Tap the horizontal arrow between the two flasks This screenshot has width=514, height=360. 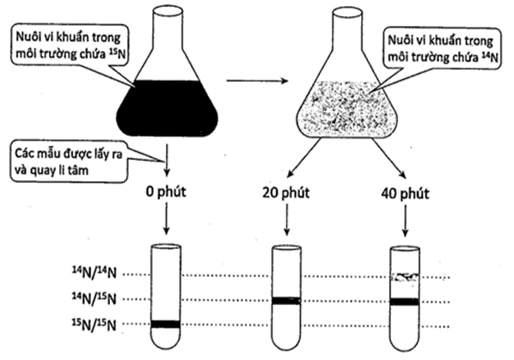click(x=257, y=81)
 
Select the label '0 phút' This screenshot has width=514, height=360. click(x=166, y=192)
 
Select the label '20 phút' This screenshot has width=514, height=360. click(x=286, y=192)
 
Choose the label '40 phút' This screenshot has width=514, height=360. click(x=405, y=193)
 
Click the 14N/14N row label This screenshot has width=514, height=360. click(x=95, y=272)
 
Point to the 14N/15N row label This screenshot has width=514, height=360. click(x=95, y=298)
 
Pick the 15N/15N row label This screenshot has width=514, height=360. click(x=95, y=324)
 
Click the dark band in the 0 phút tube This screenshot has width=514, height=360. click(x=166, y=324)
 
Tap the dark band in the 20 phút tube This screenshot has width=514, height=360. click(x=286, y=301)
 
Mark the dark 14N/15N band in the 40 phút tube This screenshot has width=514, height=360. click(x=405, y=302)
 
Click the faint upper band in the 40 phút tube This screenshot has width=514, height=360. click(x=405, y=278)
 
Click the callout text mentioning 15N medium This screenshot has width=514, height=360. click(x=70, y=46)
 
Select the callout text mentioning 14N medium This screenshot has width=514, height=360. click(x=443, y=48)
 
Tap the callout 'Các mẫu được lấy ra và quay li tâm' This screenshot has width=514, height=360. click(x=68, y=162)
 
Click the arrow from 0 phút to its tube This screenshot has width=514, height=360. click(x=166, y=218)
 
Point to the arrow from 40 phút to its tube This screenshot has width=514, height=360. click(x=405, y=221)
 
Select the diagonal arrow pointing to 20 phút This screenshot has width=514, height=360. click(x=303, y=157)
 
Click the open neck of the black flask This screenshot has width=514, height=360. click(x=168, y=11)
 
